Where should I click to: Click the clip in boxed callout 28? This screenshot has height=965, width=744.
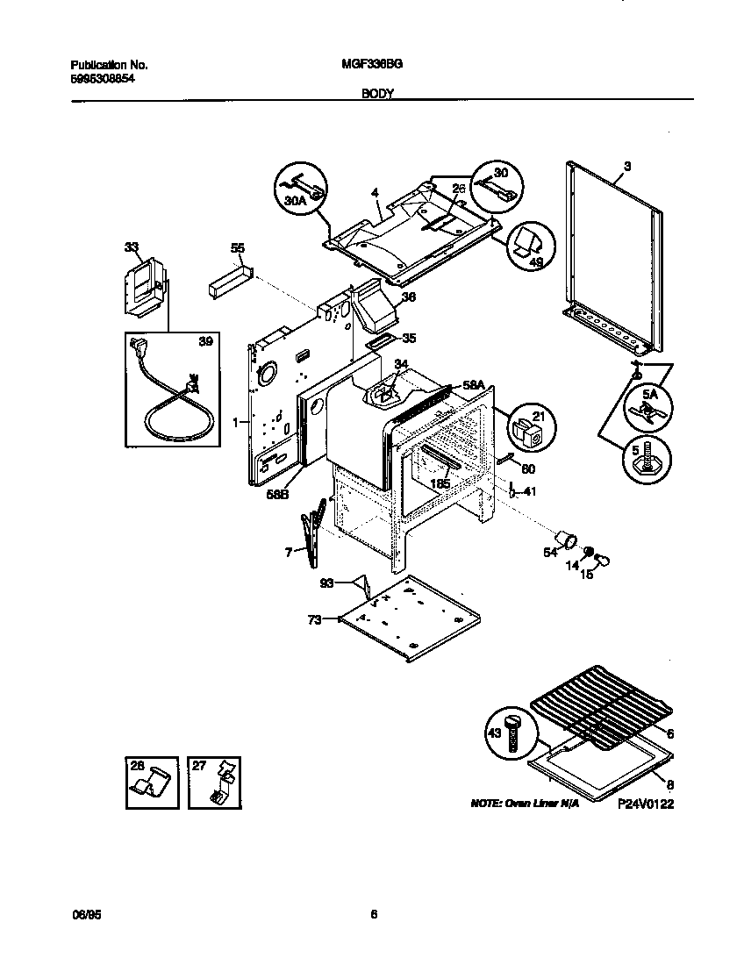(150, 783)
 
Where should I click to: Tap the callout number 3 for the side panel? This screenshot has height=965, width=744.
(627, 166)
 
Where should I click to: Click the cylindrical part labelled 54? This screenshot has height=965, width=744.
(564, 538)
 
